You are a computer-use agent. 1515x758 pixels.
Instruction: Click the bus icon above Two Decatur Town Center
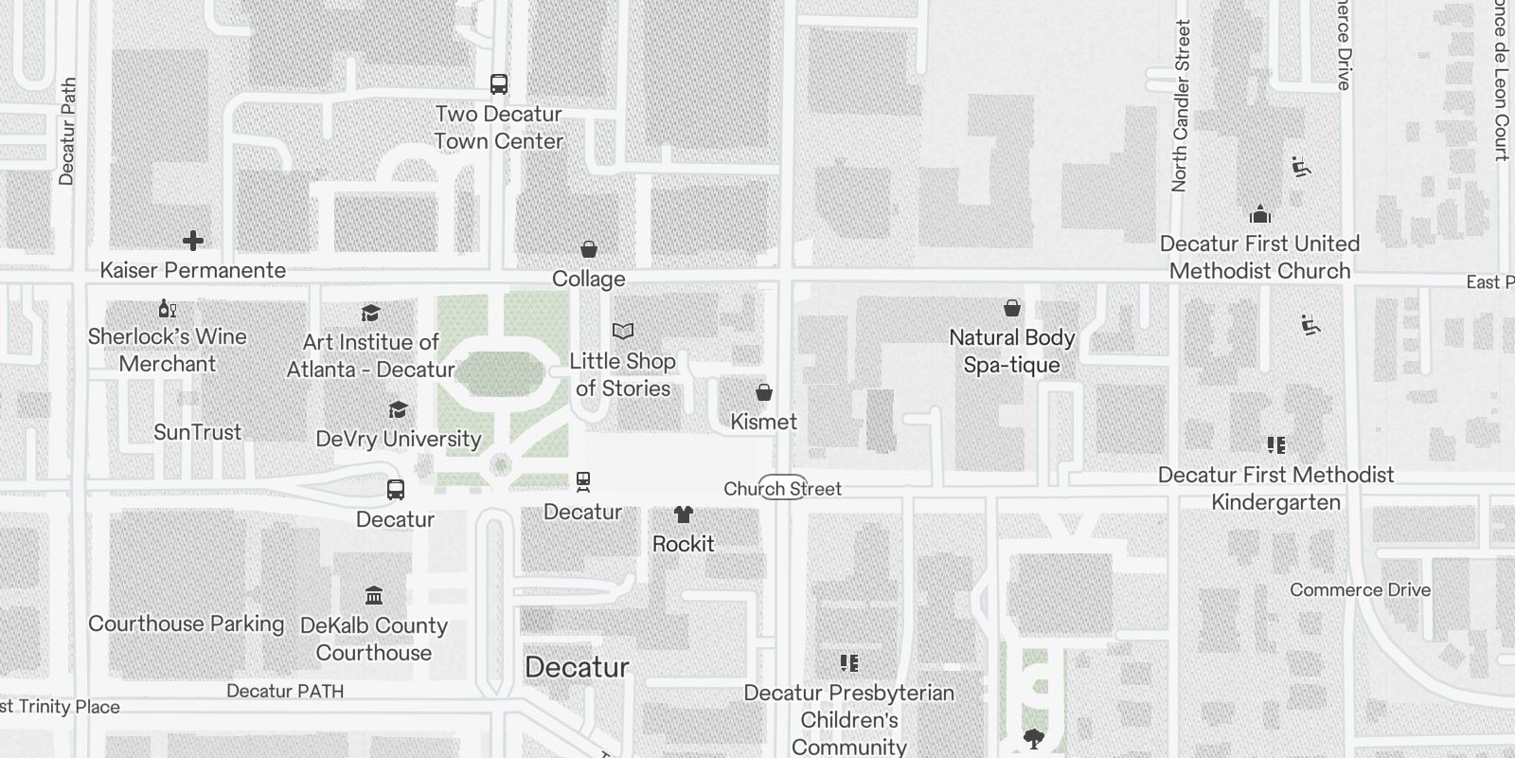click(x=499, y=84)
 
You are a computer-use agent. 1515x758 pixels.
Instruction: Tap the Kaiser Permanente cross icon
click(x=193, y=241)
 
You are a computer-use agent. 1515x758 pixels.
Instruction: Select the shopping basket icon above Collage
click(x=589, y=249)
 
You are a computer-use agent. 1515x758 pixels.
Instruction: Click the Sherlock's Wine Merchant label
click(x=168, y=350)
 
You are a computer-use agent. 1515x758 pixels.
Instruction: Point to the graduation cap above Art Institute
click(x=371, y=313)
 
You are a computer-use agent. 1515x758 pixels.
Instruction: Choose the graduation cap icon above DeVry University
click(x=399, y=409)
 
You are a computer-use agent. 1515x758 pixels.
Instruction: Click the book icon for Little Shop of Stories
click(x=623, y=331)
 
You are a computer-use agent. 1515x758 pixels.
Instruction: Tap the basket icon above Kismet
click(x=764, y=392)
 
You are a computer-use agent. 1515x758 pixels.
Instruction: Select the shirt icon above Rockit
click(x=684, y=514)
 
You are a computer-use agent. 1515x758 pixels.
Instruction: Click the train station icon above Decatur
click(x=583, y=482)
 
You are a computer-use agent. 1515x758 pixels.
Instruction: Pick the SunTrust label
click(x=198, y=432)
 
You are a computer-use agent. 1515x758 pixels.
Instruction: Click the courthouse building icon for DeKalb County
click(x=374, y=596)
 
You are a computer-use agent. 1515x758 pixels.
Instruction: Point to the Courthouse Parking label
click(x=187, y=623)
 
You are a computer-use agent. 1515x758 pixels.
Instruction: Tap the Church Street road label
click(x=783, y=489)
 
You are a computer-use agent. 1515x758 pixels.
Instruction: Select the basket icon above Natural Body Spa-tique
click(x=1012, y=308)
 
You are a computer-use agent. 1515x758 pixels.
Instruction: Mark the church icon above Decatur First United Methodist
click(x=1260, y=213)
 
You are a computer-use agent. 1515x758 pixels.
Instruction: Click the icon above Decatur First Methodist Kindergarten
click(x=1276, y=445)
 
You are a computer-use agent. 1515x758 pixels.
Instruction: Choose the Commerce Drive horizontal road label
click(x=1361, y=589)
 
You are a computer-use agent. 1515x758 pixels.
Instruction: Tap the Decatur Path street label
click(x=67, y=131)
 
